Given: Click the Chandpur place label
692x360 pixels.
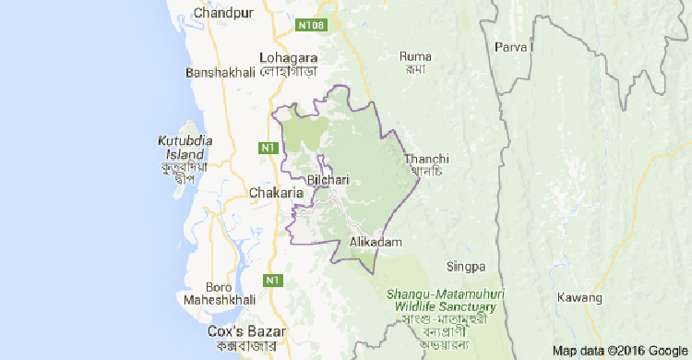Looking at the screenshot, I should pyautogui.click(x=225, y=13).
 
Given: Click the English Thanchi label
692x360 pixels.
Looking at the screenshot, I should pyautogui.click(x=426, y=159).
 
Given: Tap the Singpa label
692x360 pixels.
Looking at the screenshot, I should pyautogui.click(x=466, y=268).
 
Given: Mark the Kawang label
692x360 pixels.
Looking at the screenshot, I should pyautogui.click(x=579, y=297).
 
